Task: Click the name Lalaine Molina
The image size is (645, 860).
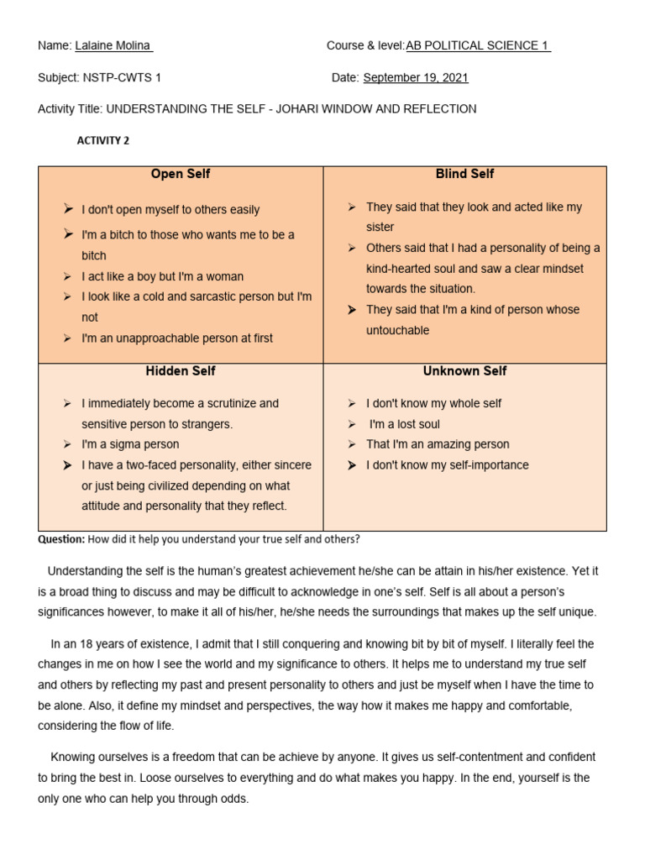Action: coord(113,46)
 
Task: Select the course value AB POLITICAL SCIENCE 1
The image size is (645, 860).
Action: coord(478,46)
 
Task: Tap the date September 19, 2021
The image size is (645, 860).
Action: coord(416,78)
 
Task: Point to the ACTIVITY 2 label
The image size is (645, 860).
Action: coord(103,141)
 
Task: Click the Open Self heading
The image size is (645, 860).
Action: coord(181,174)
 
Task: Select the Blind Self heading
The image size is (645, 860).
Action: coord(464,174)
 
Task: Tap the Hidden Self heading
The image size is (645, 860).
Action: coord(181,370)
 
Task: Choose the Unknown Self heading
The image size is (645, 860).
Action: coord(464,370)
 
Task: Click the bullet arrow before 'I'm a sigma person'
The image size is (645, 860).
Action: coord(67,444)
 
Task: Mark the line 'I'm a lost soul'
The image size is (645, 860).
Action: coord(405,424)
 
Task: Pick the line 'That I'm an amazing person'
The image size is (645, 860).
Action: coord(438,444)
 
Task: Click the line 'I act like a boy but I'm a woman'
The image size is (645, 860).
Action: coord(162,276)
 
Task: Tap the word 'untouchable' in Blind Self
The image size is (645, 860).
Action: coord(397,330)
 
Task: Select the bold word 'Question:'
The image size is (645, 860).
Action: coord(61,539)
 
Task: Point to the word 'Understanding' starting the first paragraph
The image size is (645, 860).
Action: coord(85,571)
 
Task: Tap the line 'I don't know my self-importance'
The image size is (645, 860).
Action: coord(447,465)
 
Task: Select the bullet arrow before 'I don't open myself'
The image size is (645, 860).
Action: coord(67,210)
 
